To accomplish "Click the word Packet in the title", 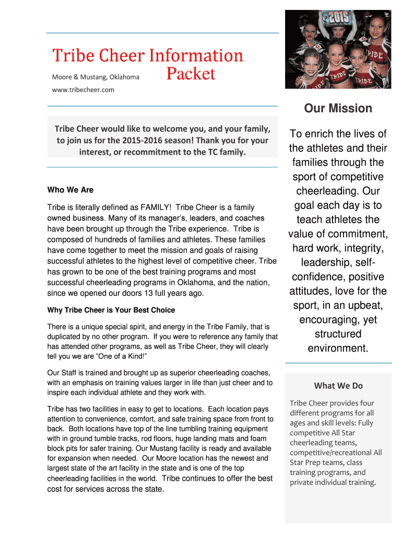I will coord(191,74).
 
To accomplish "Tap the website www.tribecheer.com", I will coord(83,89).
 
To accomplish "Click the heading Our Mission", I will coord(338,109).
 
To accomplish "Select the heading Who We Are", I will coord(70,190).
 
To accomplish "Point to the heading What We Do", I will coord(338,386).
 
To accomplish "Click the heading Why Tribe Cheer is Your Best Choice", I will coord(111,310).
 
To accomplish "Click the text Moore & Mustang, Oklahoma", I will coord(96,77).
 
